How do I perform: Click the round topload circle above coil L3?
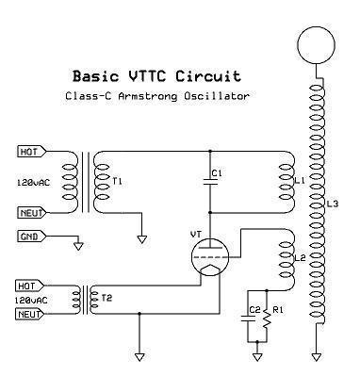[315, 45]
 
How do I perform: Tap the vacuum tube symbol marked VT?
[209, 255]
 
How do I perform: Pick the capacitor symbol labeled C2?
[250, 321]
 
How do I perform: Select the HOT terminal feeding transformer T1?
[31, 151]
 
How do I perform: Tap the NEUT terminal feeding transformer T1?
[31, 213]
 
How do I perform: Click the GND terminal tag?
[30, 236]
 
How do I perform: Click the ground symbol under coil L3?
[315, 357]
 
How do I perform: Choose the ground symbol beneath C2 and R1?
[258, 357]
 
